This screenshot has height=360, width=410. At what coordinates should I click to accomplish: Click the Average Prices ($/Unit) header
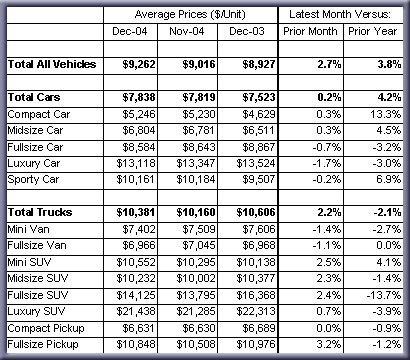190,14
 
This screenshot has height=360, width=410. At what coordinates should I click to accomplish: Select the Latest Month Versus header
340,14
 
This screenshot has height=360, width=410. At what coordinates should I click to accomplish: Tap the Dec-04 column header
130,31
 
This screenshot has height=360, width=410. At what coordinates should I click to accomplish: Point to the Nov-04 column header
187,31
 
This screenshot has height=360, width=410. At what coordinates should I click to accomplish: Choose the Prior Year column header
373,31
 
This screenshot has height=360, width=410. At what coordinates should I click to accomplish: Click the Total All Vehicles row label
52,64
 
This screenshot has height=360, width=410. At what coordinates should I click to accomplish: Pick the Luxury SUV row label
36,311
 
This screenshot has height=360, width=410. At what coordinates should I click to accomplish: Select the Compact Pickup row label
46,328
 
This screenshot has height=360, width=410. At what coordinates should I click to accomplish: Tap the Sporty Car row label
33,180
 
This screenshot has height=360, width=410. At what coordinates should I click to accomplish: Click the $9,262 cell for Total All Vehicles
139,64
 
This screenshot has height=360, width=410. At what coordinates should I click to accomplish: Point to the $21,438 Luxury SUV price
136,311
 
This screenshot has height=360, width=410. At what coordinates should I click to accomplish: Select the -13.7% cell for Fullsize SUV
384,295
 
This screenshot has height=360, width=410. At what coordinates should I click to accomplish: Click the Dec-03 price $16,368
256,295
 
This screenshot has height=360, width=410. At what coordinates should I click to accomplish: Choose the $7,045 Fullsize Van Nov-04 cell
199,246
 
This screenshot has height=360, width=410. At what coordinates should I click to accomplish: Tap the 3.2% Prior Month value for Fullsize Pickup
329,344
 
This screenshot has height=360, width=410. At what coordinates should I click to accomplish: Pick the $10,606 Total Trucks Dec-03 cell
256,213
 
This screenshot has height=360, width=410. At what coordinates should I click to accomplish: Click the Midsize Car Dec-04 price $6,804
139,131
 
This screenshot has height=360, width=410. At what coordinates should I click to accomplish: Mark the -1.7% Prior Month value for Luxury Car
327,163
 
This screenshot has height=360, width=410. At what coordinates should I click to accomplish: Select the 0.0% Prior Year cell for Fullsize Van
389,246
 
